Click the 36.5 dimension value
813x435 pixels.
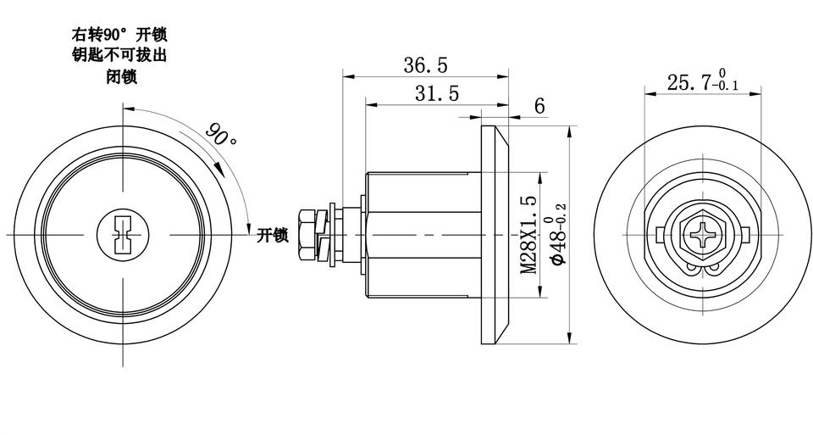(x=425, y=65)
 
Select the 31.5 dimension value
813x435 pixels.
(x=437, y=93)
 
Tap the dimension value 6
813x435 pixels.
(x=539, y=106)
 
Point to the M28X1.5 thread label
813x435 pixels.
(x=528, y=234)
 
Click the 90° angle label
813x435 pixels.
(x=221, y=135)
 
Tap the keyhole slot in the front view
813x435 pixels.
(x=122, y=235)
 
